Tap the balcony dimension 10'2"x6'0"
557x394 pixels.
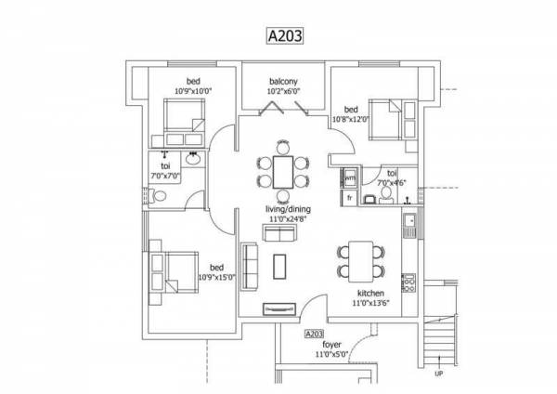pos(283,90)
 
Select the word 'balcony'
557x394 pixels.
pos(283,80)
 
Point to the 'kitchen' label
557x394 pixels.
pos(368,293)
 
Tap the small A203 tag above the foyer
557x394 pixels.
pos(313,332)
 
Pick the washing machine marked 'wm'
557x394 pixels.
pos(351,177)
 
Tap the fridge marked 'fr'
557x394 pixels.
pos(350,197)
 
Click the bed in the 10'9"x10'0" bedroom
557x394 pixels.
pos(185,118)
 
